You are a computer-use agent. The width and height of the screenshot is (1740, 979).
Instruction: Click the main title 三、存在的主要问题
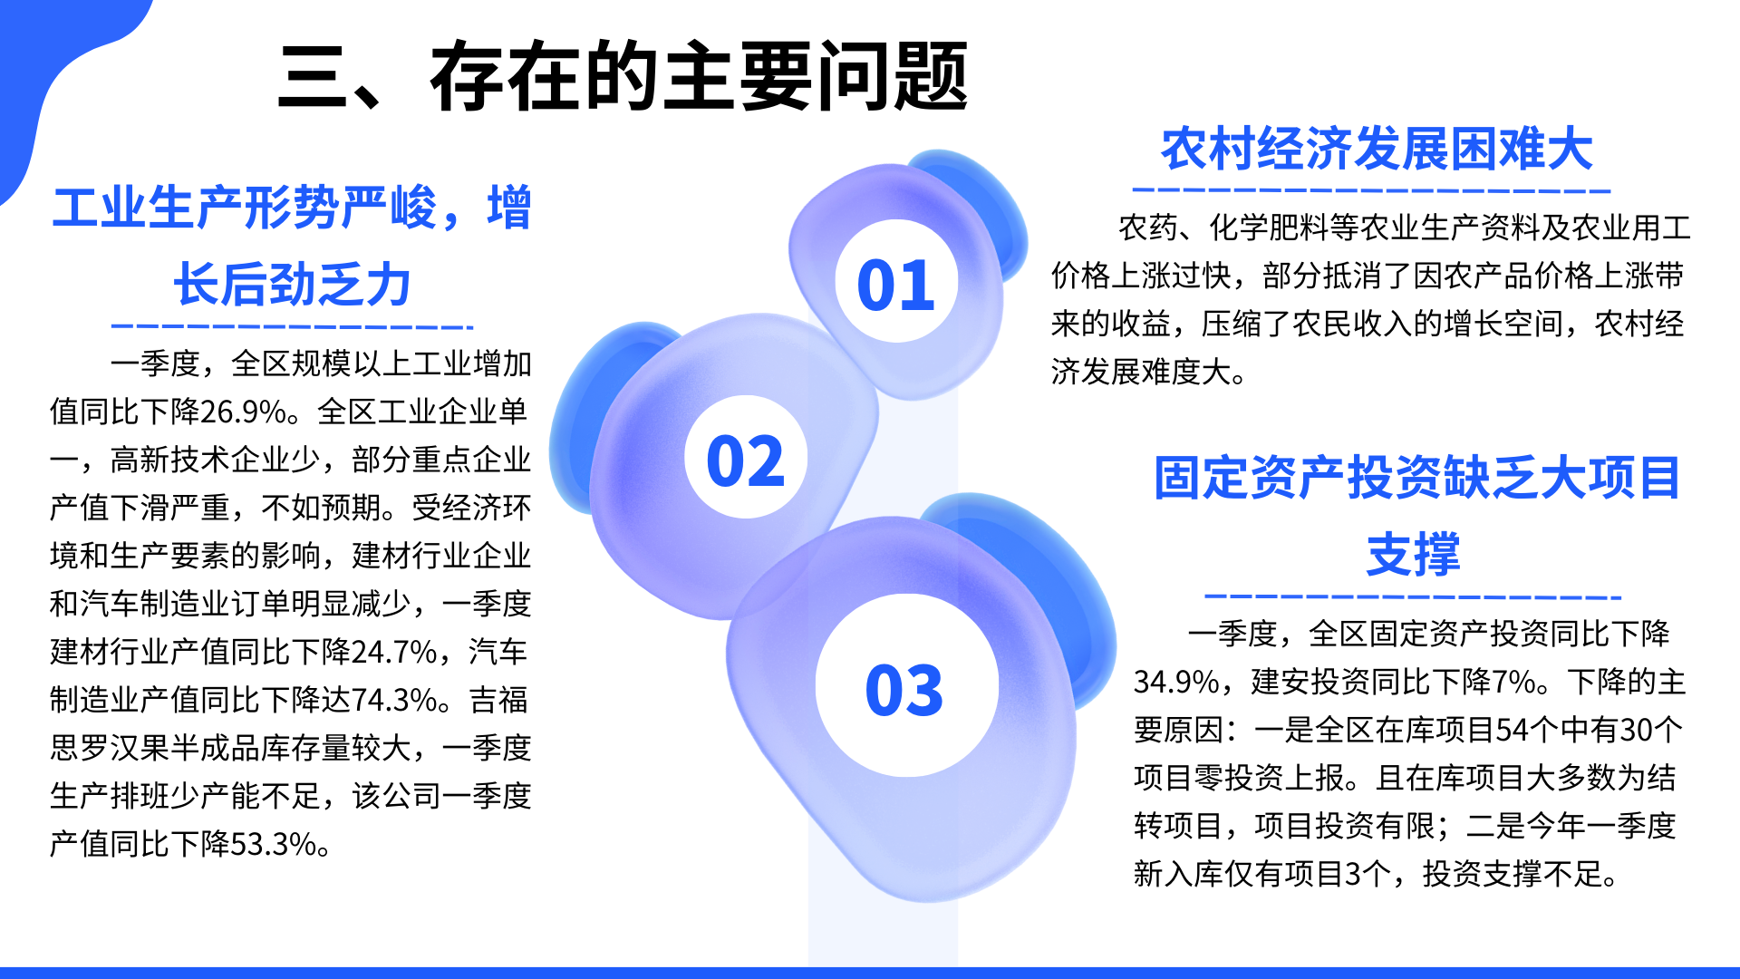623,77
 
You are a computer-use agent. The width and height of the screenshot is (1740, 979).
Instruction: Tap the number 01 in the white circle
895,286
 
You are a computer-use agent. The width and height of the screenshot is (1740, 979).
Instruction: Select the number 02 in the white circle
745,461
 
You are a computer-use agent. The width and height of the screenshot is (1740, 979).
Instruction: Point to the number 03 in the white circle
904,690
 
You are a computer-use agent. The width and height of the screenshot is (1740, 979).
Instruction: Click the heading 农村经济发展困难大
1377,150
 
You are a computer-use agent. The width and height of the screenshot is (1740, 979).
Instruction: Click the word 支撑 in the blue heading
1414,555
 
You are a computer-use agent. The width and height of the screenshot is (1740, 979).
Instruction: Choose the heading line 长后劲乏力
293,285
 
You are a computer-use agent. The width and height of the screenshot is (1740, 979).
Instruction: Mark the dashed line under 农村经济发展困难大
1371,190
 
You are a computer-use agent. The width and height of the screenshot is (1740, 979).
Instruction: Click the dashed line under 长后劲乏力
292,326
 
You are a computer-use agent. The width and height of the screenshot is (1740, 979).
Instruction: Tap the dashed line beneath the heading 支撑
1413,597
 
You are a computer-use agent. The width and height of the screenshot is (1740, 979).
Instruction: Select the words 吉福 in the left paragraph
499,701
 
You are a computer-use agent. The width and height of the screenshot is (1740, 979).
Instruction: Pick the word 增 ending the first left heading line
508,208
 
